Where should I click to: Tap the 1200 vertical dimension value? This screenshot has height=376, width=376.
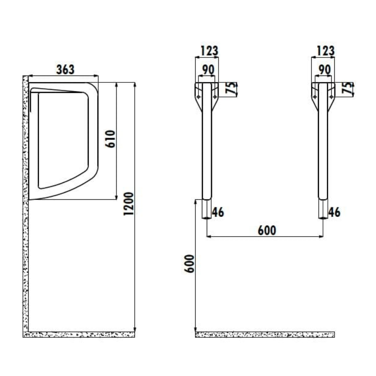pyautogui.click(x=129, y=204)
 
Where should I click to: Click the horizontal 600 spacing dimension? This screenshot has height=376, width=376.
pyautogui.click(x=267, y=230)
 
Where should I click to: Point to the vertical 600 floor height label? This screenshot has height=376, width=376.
pyautogui.click(x=189, y=264)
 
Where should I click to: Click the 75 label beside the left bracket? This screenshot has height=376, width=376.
pyautogui.click(x=233, y=89)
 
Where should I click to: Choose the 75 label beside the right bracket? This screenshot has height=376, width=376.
pyautogui.click(x=349, y=89)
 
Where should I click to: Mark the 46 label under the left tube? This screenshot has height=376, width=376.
pyautogui.click(x=218, y=212)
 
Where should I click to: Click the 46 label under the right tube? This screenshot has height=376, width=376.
pyautogui.click(x=334, y=212)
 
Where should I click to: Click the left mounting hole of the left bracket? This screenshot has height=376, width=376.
pyautogui.click(x=199, y=97)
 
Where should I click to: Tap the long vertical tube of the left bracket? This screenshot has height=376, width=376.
pyautogui.click(x=207, y=150)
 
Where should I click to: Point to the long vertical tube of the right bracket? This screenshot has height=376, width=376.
pyautogui.click(x=323, y=150)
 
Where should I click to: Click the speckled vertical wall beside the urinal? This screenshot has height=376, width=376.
pyautogui.click(x=26, y=226)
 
